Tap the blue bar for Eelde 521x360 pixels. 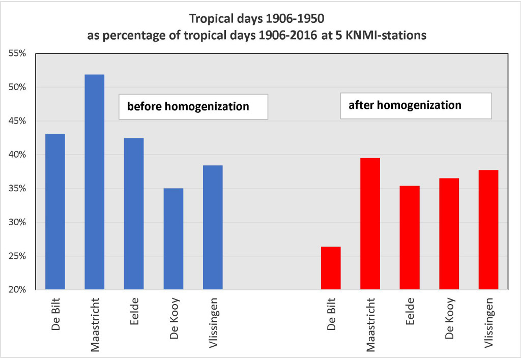134,214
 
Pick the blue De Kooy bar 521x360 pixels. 173,239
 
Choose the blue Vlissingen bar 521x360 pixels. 213,227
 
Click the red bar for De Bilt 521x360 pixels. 331,268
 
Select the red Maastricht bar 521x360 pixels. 370,224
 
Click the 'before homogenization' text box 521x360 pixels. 193,107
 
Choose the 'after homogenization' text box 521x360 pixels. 415,106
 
